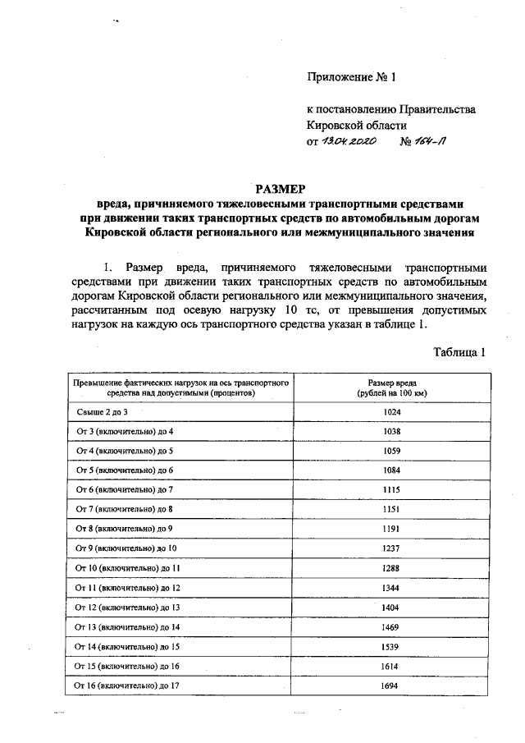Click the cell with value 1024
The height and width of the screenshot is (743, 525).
[397, 412]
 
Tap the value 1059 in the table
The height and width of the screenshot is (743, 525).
[397, 452]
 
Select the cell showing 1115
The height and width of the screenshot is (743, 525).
[397, 490]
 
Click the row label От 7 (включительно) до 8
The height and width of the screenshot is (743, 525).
[124, 510]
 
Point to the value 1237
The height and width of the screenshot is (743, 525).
[397, 548]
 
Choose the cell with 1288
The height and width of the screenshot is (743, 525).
[397, 568]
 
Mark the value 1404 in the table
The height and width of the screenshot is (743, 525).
[397, 608]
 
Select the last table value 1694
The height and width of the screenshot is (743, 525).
[397, 686]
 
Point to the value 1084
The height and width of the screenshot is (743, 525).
[397, 470]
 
